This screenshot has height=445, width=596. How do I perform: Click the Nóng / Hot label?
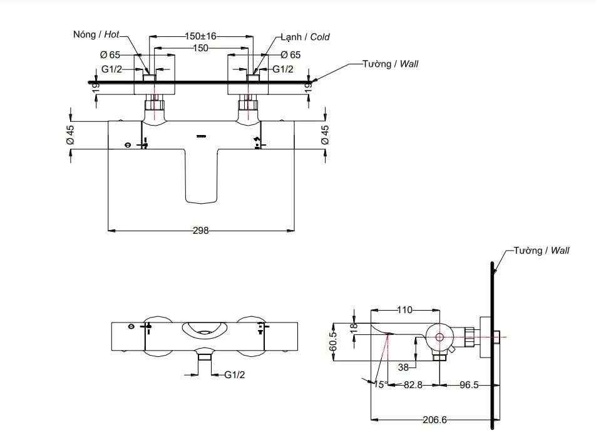click(96, 36)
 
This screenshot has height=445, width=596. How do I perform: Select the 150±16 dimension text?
click(200, 36)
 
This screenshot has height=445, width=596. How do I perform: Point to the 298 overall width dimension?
click(200, 231)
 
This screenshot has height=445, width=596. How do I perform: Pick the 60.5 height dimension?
click(333, 342)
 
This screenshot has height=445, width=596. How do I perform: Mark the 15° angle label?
click(380, 385)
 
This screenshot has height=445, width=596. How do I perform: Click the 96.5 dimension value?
click(468, 386)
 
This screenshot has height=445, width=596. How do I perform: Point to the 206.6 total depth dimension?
click(434, 420)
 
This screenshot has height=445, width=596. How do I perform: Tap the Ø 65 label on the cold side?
click(290, 55)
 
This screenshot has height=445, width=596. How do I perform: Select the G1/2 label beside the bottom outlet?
click(235, 375)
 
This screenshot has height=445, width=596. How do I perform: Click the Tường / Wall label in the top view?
click(390, 64)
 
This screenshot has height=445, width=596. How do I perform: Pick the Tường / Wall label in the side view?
click(541, 250)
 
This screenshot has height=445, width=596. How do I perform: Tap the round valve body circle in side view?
click(439, 336)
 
